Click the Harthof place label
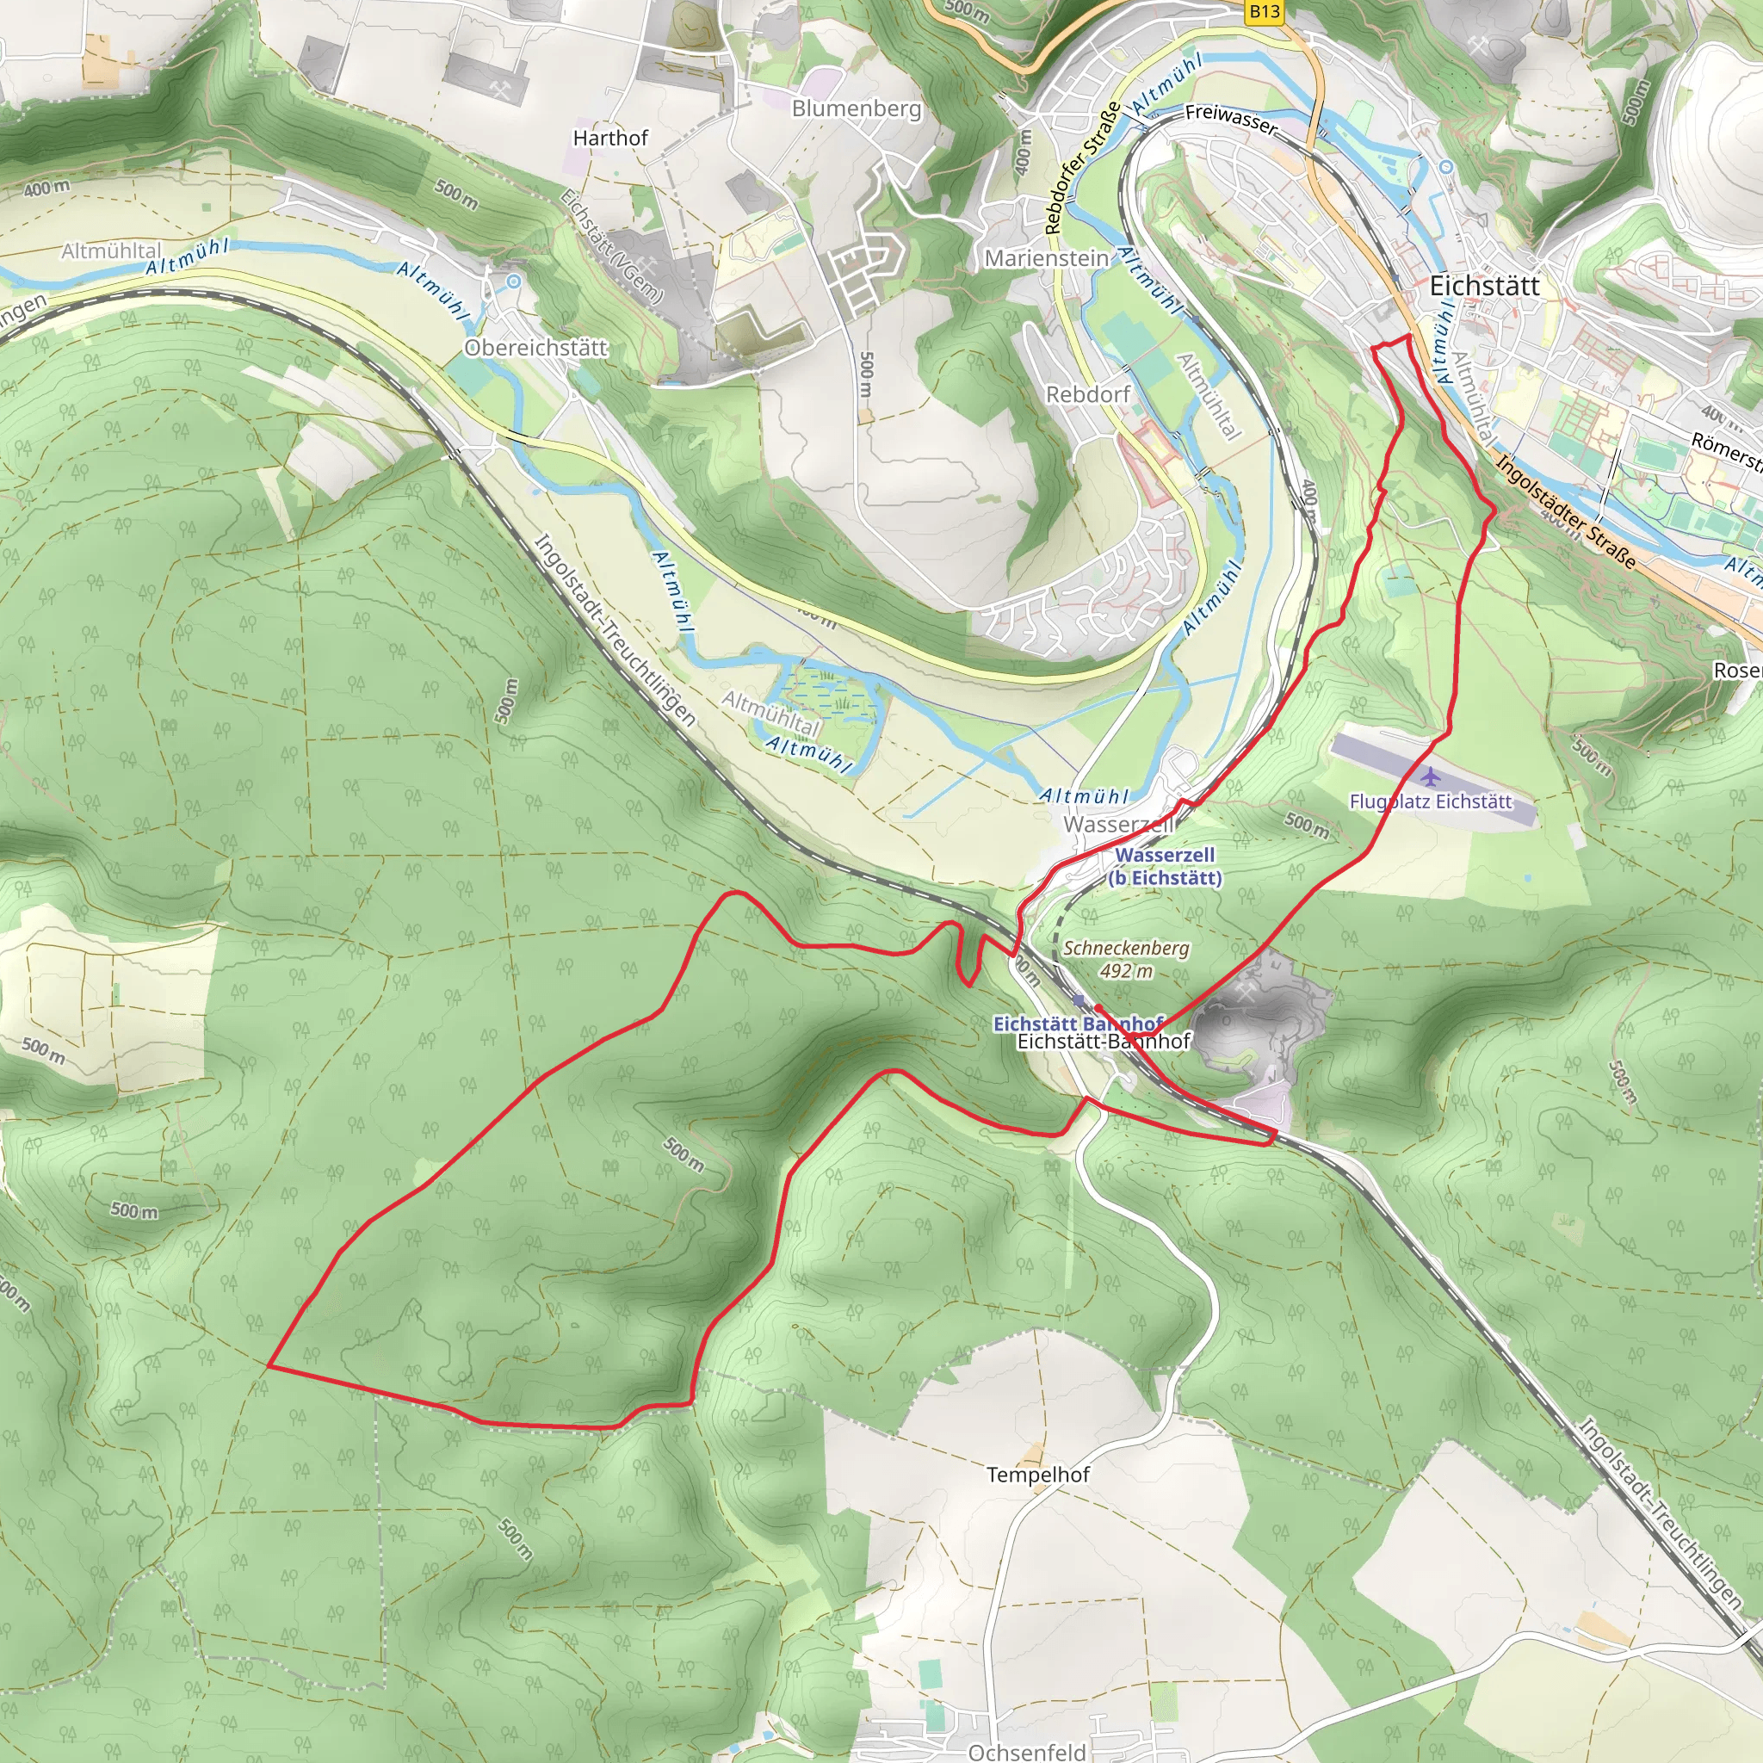point(610,138)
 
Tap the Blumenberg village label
point(856,108)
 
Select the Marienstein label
point(1046,258)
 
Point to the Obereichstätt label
point(535,348)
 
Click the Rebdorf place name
point(1088,394)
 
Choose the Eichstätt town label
point(1484,286)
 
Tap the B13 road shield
point(1264,11)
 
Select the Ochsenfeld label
point(1027,1751)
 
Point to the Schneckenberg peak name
point(1126,948)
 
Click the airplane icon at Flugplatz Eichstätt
point(1431,776)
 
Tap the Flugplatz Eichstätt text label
point(1431,801)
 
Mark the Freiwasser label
point(1231,119)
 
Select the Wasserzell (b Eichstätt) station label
point(1165,866)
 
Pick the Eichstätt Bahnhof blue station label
point(1077,1023)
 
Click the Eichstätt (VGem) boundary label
point(611,245)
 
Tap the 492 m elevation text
point(1126,971)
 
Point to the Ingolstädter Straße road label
point(1566,511)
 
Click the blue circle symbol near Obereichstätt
point(514,282)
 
